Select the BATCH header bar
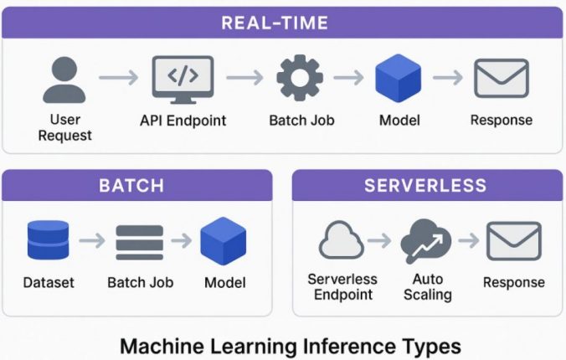pyautogui.click(x=137, y=184)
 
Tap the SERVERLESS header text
pyautogui.click(x=425, y=184)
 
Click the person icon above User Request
pyautogui.click(x=64, y=79)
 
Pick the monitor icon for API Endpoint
pyautogui.click(x=183, y=79)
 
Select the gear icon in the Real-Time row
pyautogui.click(x=301, y=79)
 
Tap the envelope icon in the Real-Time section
pyautogui.click(x=501, y=79)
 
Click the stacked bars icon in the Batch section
pyautogui.click(x=138, y=241)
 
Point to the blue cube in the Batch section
pyautogui.click(x=224, y=241)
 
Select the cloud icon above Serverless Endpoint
pyautogui.click(x=341, y=241)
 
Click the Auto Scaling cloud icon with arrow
pyautogui.click(x=426, y=241)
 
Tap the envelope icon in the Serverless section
pyautogui.click(x=513, y=241)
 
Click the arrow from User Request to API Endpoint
pyautogui.click(x=118, y=79)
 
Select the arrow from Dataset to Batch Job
pyautogui.click(x=93, y=241)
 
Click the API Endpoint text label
pyautogui.click(x=183, y=121)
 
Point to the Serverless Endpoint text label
pyautogui.click(x=342, y=287)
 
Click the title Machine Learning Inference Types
pyautogui.click(x=290, y=345)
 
